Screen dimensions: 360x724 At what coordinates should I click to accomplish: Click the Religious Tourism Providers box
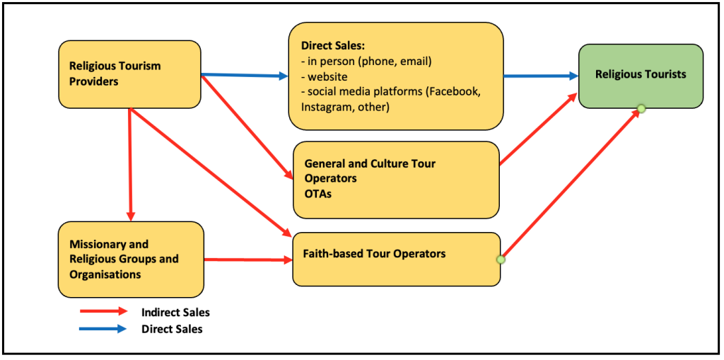coord(129,74)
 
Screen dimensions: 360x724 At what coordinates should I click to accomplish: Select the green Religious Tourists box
coord(641,76)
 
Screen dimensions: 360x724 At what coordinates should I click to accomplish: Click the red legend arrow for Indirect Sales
coord(103,311)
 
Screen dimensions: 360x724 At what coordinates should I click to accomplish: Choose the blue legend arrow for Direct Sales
coord(103,329)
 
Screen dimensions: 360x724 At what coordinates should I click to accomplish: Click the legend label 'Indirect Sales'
coord(175,312)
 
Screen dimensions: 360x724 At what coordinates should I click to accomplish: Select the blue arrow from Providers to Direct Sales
coord(245,75)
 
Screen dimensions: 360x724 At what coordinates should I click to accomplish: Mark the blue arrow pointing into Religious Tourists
coord(541,75)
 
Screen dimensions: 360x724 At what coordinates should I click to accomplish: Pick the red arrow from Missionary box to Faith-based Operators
coord(247,260)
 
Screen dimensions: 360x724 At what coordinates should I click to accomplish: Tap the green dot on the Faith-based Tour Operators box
coord(501,260)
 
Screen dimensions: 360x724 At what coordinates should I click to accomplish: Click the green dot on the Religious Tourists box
coord(641,108)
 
